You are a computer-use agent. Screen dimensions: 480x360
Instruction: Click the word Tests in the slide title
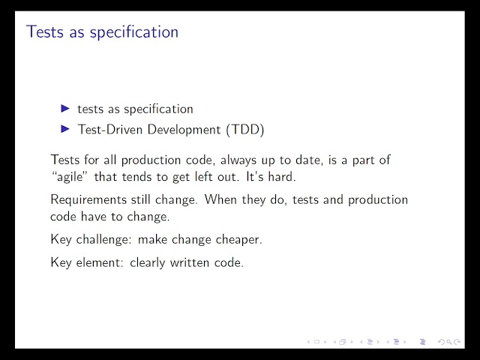point(45,31)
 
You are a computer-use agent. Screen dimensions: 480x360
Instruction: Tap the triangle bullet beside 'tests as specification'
point(65,108)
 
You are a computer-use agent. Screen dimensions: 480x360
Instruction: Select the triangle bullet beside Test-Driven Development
point(65,129)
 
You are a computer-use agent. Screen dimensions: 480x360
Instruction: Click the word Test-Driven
point(110,129)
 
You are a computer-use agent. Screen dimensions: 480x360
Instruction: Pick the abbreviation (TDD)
point(245,130)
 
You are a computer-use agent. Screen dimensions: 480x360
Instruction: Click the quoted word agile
point(70,177)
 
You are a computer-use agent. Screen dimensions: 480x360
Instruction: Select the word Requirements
point(88,200)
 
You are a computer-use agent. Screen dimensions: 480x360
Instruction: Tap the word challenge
point(104,239)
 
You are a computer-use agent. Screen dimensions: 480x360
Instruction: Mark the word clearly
point(148,263)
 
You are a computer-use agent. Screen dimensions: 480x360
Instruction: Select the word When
point(220,199)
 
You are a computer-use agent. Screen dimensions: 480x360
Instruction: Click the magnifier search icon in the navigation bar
point(449,342)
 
